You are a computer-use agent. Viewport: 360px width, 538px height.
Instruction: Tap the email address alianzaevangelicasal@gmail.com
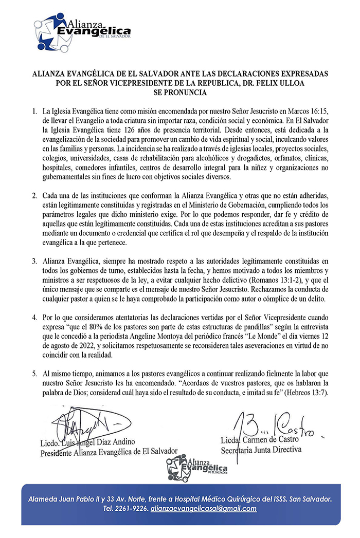point(203,509)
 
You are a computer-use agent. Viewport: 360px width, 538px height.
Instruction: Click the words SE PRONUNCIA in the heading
point(180,93)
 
